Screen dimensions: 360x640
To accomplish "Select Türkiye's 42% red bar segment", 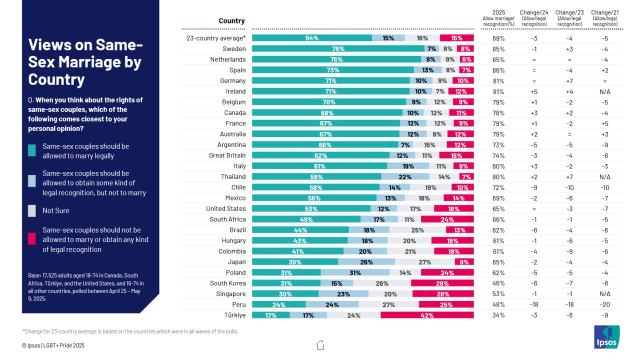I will click(427, 315).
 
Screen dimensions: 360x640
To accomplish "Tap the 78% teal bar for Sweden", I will click(338, 49).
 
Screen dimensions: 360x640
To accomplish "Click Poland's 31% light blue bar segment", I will click(355, 273).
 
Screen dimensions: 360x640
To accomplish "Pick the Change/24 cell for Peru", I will click(533, 305).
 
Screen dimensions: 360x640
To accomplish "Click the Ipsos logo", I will click(606, 337).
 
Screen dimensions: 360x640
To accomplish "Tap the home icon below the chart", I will click(320, 344).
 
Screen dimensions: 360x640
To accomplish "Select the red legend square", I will click(32, 239).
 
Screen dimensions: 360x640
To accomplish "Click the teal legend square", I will click(32, 151).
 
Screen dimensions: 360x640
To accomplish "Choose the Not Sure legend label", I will click(56, 211).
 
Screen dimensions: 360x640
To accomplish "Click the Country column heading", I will click(231, 21).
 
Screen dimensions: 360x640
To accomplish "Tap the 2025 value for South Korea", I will click(498, 283).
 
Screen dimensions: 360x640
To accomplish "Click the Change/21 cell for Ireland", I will click(605, 92).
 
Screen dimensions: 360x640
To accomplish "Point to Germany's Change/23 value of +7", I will click(569, 81).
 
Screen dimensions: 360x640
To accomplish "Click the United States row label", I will click(226, 209).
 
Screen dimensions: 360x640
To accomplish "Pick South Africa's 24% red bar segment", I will click(447, 219).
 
